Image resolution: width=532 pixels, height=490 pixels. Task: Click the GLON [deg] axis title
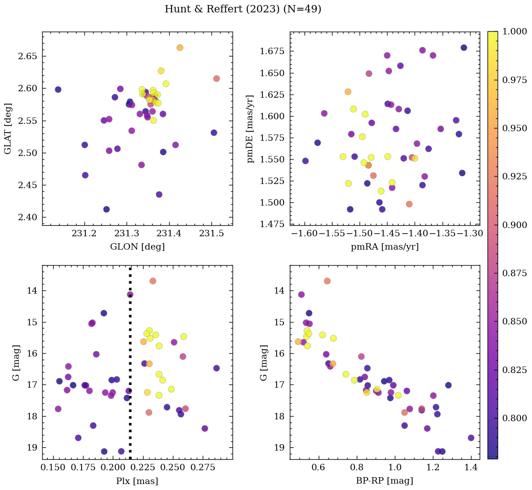coord(137,247)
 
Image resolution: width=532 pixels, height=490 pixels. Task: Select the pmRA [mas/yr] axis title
coord(384,247)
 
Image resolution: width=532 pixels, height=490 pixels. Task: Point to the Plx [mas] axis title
coord(137,481)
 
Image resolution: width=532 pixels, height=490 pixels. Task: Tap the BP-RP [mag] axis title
coord(384,481)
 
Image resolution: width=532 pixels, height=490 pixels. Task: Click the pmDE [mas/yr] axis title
coord(250,129)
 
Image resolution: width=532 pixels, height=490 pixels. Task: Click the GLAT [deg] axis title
coord(8,129)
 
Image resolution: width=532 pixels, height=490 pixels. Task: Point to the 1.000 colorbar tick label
coord(515,32)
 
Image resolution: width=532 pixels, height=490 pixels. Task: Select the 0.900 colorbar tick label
coord(515,225)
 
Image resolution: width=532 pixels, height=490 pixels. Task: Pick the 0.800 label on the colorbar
coord(515,418)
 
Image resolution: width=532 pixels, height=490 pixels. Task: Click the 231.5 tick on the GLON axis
coord(211,234)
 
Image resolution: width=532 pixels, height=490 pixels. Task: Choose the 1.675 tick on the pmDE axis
coord(272,51)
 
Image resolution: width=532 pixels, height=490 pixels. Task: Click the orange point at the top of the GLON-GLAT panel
coord(180,48)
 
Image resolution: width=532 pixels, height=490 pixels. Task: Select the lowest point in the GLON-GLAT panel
coord(106,209)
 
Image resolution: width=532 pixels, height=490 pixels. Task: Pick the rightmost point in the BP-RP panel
coord(471,438)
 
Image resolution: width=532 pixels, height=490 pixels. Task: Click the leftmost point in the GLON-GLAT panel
coord(58,89)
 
